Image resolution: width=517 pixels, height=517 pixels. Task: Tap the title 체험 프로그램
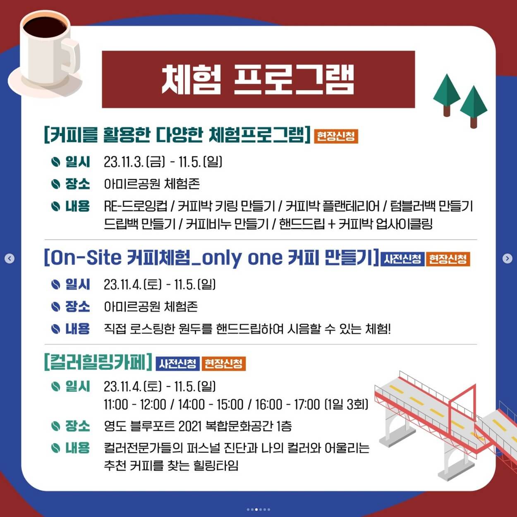click(258, 79)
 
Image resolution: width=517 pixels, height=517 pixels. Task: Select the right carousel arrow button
click(507, 258)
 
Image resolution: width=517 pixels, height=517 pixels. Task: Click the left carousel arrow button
click(10, 258)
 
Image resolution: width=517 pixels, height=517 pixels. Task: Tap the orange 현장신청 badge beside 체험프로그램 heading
click(336, 136)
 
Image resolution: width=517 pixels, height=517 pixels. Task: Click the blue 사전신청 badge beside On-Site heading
click(402, 259)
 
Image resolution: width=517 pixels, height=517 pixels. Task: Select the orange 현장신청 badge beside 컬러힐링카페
click(224, 364)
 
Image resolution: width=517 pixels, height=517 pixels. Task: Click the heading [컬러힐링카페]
click(98, 362)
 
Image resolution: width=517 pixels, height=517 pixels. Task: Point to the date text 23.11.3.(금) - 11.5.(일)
click(163, 162)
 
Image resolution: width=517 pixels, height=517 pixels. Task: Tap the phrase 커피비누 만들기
click(227, 224)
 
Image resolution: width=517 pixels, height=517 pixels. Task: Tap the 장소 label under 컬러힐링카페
click(77, 426)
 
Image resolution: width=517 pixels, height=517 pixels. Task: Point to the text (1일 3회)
click(346, 404)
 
